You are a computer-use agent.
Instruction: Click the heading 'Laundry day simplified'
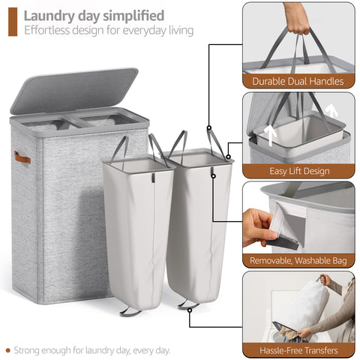pos(94,15)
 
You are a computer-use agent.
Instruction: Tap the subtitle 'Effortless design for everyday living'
pos(109,31)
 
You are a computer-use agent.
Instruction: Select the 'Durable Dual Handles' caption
pos(298,81)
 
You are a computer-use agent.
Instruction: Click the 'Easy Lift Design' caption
pos(298,171)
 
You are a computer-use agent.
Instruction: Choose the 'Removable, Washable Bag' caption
pos(298,261)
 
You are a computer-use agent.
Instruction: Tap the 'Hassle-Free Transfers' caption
pos(298,350)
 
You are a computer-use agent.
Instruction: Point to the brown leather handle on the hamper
pos(22,157)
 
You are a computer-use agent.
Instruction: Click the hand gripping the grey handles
pos(299,19)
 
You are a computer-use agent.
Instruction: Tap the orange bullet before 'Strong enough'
pos(8,349)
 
